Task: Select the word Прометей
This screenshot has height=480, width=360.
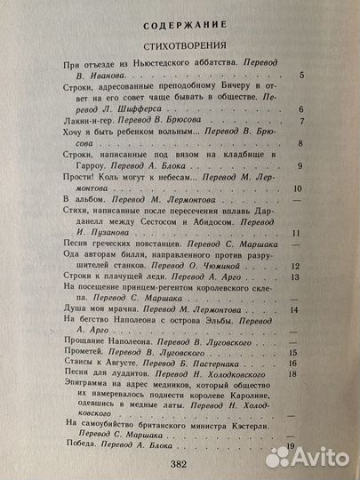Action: [85, 353]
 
